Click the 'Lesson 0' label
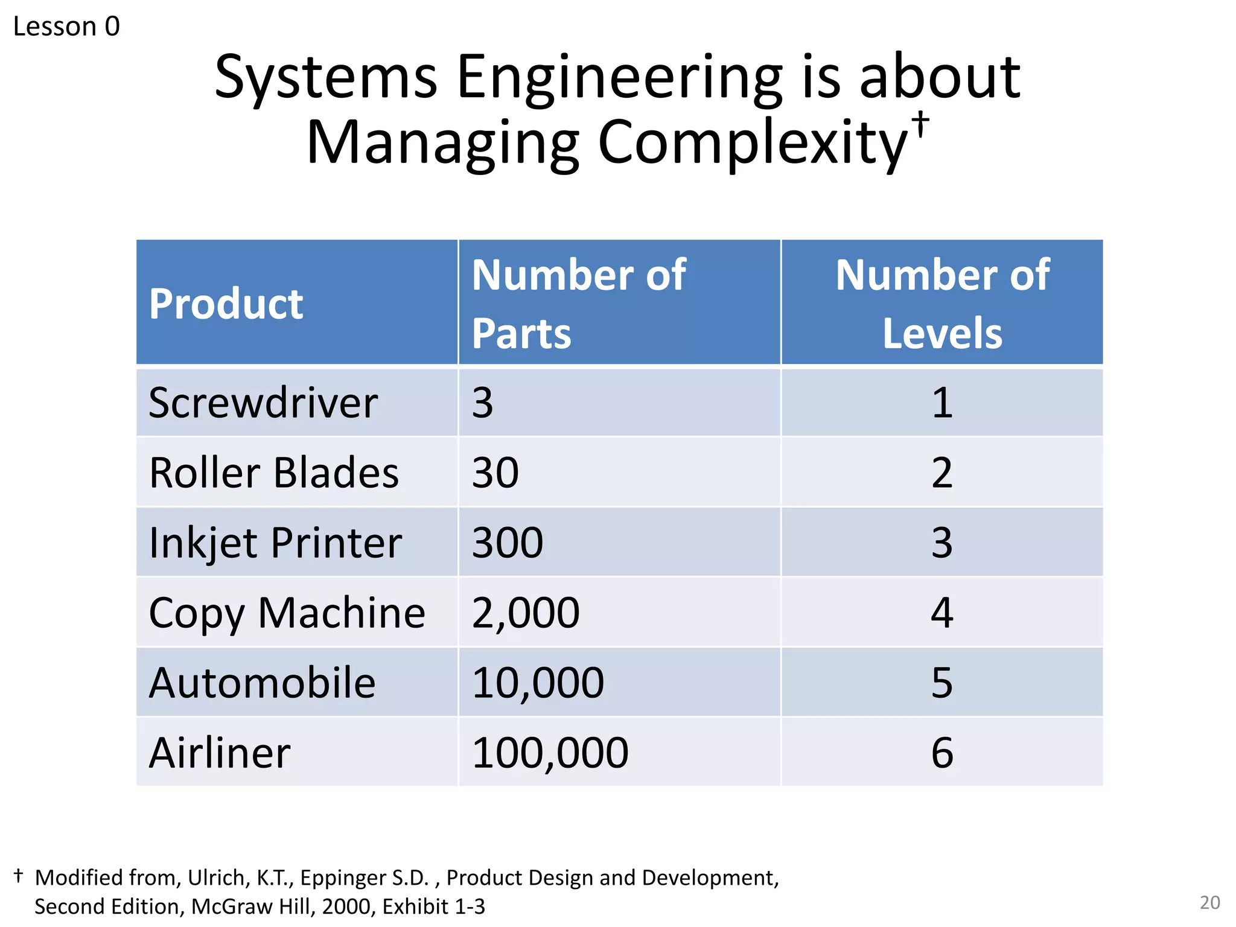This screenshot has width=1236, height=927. [x=66, y=27]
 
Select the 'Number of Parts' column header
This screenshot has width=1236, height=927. [x=578, y=304]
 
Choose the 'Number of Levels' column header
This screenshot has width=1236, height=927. [x=942, y=304]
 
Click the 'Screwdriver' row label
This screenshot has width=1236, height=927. [x=263, y=403]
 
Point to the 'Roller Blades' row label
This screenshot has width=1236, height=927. [x=274, y=473]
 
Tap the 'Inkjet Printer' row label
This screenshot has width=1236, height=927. [x=275, y=543]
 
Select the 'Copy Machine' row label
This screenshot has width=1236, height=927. [x=287, y=613]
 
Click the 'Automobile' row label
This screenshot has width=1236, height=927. [x=263, y=683]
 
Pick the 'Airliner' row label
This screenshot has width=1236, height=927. [x=220, y=753]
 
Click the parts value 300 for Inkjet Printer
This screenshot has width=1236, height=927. [x=508, y=543]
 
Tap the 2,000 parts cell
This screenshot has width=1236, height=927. [x=526, y=613]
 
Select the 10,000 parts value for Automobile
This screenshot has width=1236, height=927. [x=538, y=683]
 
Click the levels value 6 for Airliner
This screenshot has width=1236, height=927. [x=942, y=753]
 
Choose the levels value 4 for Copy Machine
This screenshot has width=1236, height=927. [x=942, y=613]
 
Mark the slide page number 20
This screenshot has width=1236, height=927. [x=1209, y=902]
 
